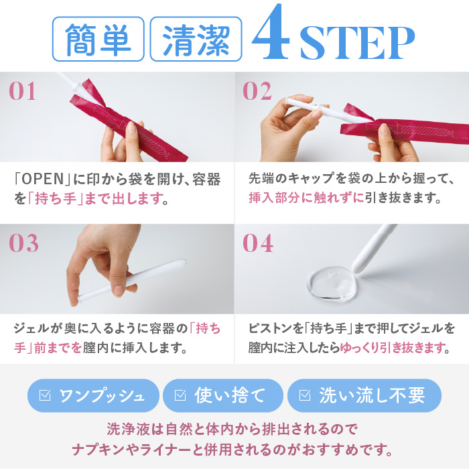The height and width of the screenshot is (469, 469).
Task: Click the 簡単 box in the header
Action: (x=98, y=39)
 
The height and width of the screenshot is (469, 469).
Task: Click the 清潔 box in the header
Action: (x=196, y=39)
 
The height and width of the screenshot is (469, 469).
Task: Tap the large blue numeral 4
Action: (x=271, y=32)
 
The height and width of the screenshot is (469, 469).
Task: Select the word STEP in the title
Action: (x=357, y=43)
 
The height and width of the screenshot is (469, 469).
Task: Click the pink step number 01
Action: (x=22, y=91)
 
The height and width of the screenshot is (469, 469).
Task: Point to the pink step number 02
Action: (x=257, y=91)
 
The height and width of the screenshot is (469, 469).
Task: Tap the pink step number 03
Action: (x=23, y=243)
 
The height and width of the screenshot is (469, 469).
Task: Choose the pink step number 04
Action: (x=258, y=243)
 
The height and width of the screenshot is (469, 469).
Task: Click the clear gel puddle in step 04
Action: (x=332, y=283)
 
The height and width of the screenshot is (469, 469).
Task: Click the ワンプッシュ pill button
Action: (x=93, y=395)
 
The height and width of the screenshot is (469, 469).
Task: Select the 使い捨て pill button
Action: (x=223, y=395)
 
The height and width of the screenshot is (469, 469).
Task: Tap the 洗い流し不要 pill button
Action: (x=364, y=395)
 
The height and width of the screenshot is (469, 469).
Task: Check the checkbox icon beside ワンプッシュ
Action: (x=45, y=395)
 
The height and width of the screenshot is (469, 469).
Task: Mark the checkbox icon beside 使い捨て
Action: (x=180, y=395)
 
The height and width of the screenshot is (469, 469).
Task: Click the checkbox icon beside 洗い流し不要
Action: (x=305, y=395)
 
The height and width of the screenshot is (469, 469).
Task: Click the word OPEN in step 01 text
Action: (x=42, y=179)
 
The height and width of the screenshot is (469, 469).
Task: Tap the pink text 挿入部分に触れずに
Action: (x=307, y=198)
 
